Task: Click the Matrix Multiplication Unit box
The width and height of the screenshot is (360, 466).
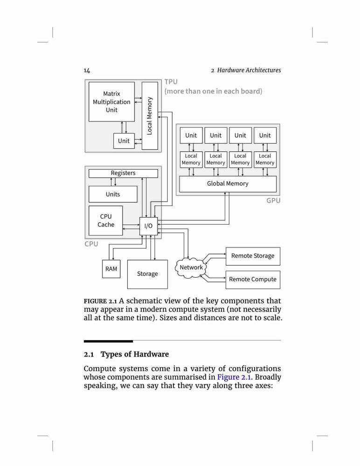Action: point(111,102)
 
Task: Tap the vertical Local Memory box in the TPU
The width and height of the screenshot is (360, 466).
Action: point(150,116)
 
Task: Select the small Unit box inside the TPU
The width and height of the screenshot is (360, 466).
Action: point(124,141)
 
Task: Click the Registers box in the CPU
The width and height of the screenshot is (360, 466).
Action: point(123,173)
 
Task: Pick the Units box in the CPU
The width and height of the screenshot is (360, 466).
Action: point(113,194)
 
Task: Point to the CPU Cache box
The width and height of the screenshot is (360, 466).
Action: point(105,220)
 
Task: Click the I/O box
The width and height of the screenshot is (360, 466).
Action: point(148,226)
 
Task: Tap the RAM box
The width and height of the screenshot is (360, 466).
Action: point(111,269)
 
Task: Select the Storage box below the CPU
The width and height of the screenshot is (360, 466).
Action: point(147,274)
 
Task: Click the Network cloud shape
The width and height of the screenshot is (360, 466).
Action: point(191,267)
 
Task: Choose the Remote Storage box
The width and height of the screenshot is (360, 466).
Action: point(253,256)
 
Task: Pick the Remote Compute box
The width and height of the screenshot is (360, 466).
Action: point(253,279)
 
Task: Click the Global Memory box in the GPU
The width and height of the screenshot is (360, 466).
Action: point(228,184)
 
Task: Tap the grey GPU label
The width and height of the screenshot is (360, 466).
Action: point(273,200)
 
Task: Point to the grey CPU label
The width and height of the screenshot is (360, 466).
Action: point(91,244)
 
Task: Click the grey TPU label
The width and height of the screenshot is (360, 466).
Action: point(171,82)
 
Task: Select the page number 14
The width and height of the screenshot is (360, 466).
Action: point(87,70)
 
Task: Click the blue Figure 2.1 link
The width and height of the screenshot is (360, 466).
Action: point(234,377)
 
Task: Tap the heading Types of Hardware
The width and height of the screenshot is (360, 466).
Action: point(134,354)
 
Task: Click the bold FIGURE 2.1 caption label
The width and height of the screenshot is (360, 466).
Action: point(100,301)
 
